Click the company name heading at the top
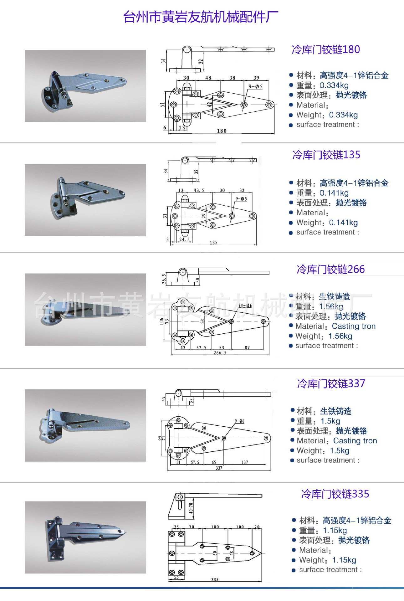coord(200,17)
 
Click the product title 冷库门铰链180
coord(325,49)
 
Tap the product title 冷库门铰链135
coord(326,155)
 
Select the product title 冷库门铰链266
coord(330,269)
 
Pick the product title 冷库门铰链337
coord(331,383)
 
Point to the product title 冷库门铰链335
coord(335,494)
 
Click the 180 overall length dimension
coord(222,131)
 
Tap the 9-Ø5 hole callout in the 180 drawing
coord(255,86)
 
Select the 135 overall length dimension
coord(213,243)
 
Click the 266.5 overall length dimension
coord(220,353)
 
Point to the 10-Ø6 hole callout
coord(245,306)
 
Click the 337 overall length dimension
coord(219,468)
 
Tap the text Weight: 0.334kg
coord(327,115)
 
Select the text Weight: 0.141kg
coord(327,223)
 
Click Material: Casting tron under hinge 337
coord(336,441)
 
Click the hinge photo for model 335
coord(85,537)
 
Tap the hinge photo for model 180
coord(85,86)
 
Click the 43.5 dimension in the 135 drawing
coord(199,190)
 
